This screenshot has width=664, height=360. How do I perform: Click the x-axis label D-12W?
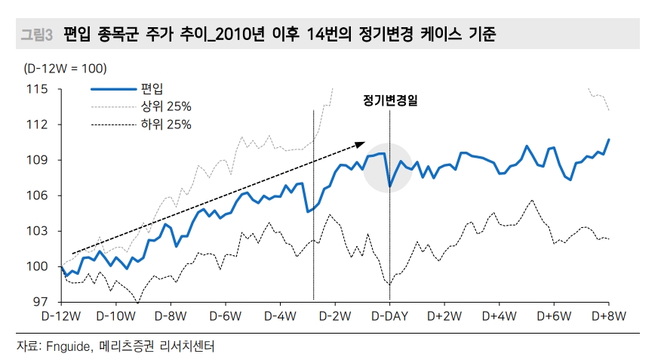coord(61,315)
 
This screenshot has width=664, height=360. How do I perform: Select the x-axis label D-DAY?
coord(389,315)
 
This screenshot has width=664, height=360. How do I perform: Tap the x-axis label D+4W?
coord(500,315)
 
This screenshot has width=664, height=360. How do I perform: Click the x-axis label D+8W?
coord(609,315)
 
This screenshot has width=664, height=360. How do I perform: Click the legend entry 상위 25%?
coord(161,106)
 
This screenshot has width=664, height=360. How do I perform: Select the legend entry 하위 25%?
coord(161,124)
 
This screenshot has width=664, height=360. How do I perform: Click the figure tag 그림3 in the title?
coord(35,34)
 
